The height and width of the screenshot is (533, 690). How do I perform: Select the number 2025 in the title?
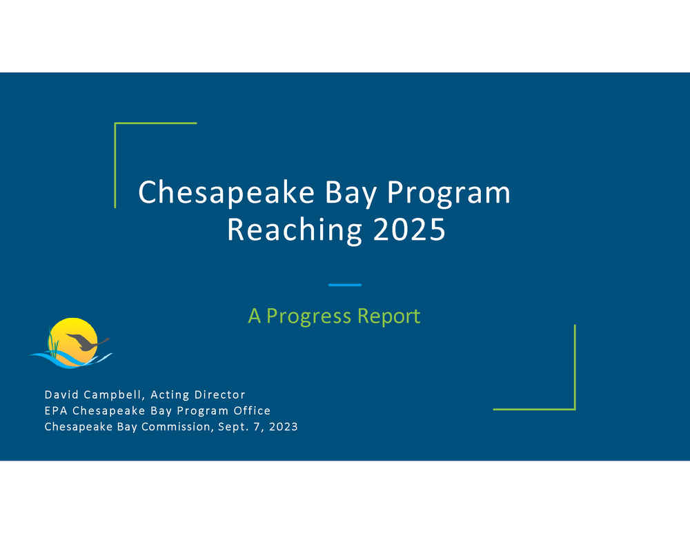(409, 229)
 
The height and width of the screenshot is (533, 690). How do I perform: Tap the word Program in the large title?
(448, 193)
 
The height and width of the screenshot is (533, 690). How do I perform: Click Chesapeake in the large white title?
(226, 192)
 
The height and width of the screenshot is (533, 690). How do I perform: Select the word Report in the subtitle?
(388, 316)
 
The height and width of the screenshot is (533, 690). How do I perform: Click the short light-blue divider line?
(345, 285)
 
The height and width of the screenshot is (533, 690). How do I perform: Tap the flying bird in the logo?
(87, 341)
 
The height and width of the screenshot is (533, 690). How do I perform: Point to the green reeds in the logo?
(53, 345)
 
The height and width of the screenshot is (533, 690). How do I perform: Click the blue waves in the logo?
(70, 359)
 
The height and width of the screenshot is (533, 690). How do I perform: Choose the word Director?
(219, 394)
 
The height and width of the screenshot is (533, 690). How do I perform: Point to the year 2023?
(284, 427)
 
